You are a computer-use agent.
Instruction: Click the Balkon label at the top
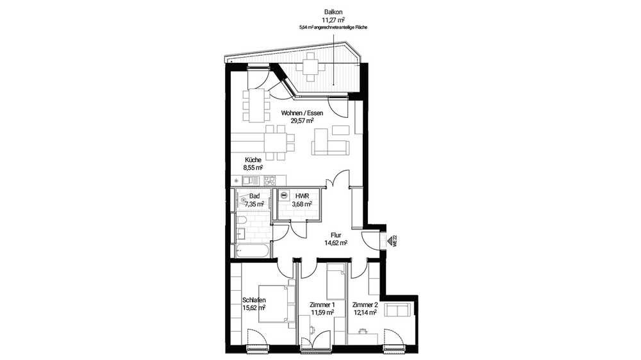pos(333,13)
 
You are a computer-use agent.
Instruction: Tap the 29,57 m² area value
pos(302,120)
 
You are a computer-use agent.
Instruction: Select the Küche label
pos(253,160)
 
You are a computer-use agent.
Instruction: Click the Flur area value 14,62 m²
pos(336,243)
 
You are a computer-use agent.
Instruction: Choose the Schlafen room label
pos(254,300)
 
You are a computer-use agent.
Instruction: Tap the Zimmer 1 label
pos(322,305)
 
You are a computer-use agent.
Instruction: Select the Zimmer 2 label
pos(365,305)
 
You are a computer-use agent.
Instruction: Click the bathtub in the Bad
pos(253,251)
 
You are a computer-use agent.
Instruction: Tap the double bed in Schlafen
pos(276,304)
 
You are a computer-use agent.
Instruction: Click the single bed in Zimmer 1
pos(335,282)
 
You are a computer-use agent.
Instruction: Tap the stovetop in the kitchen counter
pos(269,180)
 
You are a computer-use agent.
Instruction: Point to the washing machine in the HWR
pos(284,196)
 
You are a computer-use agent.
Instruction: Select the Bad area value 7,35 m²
pos(254,203)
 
